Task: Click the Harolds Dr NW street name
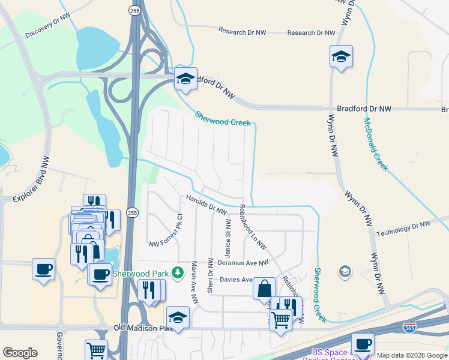click(206, 205)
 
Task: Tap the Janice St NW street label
click(228, 239)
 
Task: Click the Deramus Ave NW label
click(243, 263)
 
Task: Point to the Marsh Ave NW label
click(194, 277)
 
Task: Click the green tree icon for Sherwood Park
click(177, 274)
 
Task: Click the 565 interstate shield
click(409, 327)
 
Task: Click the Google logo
click(20, 353)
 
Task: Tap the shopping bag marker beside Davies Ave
click(264, 289)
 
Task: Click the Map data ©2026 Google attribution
click(412, 355)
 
